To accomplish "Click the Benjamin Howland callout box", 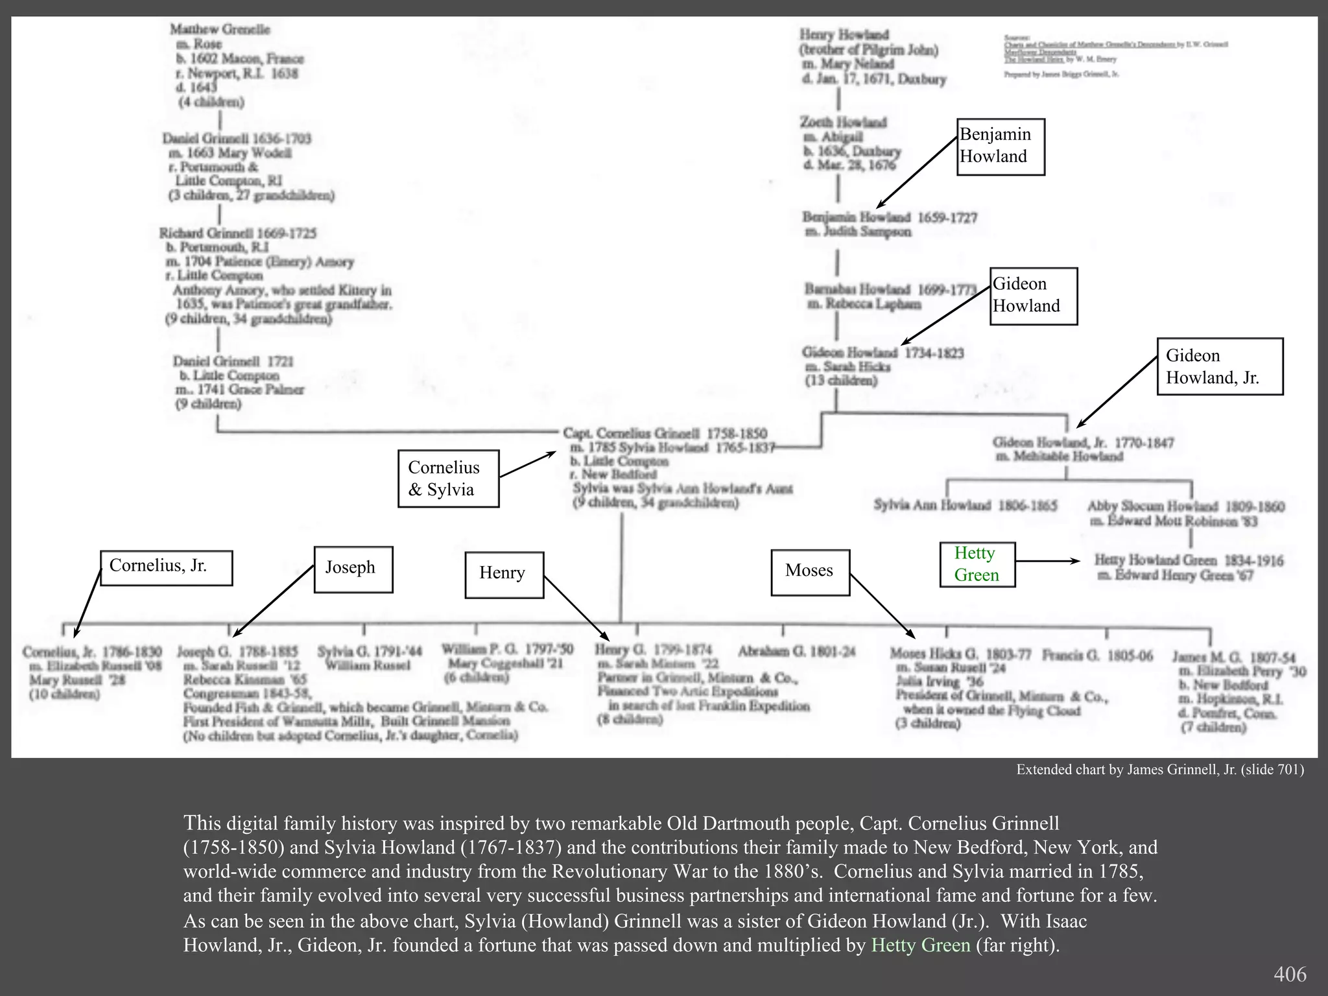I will [x=1001, y=147].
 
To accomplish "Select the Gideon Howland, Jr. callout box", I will [x=1220, y=366].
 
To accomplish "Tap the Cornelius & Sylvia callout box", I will [x=448, y=479].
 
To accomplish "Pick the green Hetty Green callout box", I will [x=977, y=564].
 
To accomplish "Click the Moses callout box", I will [x=810, y=572].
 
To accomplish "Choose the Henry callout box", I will [x=504, y=575].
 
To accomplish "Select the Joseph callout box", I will [x=353, y=569].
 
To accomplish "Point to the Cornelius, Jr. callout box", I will [x=166, y=567].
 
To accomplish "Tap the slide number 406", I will [x=1290, y=974].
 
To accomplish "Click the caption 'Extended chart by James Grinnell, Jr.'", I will [x=1159, y=770].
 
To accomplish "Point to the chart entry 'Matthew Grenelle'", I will [x=220, y=30].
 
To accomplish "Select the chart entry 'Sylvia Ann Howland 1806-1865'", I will [x=965, y=506].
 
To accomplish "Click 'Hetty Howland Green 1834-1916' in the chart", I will [x=1189, y=561].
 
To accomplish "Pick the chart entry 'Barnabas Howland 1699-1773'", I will [x=890, y=289].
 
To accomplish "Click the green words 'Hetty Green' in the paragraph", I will [x=920, y=945].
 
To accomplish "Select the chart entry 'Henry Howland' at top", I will [x=844, y=35].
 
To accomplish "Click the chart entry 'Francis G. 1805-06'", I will [x=1097, y=656].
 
